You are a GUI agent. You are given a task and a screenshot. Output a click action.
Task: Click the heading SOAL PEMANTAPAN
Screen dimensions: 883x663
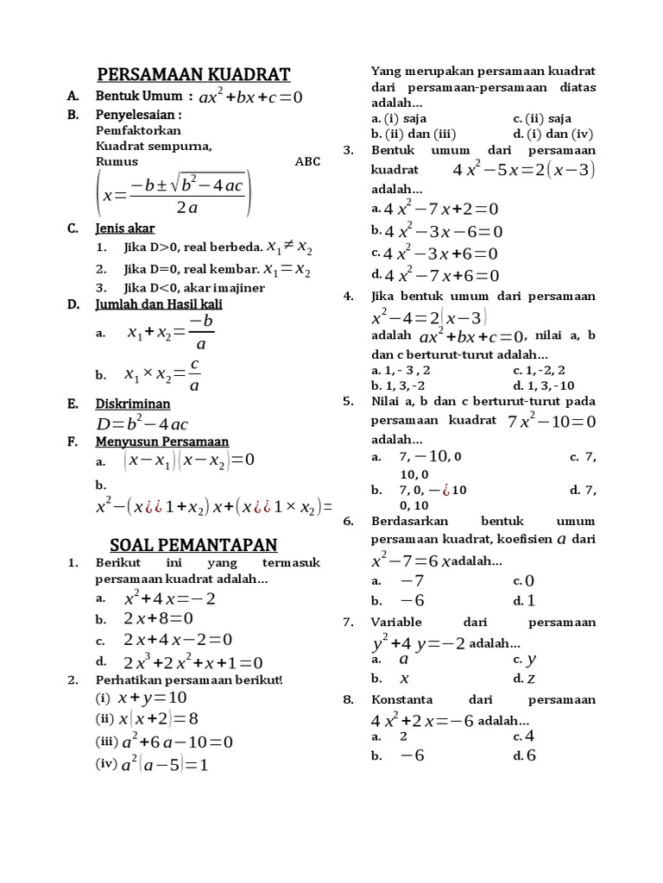[x=193, y=544]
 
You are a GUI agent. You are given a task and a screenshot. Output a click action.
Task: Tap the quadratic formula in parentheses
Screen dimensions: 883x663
[x=174, y=196]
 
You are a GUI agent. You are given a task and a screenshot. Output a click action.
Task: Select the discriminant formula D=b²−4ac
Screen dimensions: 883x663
[x=142, y=423]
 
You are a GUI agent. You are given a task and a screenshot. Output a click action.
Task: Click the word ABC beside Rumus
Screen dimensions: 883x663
[x=306, y=161]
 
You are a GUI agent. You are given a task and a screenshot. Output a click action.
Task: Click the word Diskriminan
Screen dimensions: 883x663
[x=132, y=404]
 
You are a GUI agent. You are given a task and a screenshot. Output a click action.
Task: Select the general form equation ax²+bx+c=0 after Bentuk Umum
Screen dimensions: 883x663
[x=250, y=97]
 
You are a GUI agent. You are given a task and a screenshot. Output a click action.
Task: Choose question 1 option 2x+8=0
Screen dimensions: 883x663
[x=158, y=618]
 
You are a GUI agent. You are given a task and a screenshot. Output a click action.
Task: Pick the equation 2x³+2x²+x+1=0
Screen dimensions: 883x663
[x=193, y=662]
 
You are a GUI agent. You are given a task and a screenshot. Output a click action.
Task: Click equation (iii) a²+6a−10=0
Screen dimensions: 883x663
[x=177, y=742]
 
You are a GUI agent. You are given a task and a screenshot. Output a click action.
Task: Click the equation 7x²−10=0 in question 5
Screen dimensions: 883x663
[x=552, y=422]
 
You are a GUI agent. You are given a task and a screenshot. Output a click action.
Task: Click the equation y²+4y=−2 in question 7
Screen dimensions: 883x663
[x=418, y=643]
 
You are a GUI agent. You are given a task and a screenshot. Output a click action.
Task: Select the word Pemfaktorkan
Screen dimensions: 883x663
[x=138, y=130]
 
